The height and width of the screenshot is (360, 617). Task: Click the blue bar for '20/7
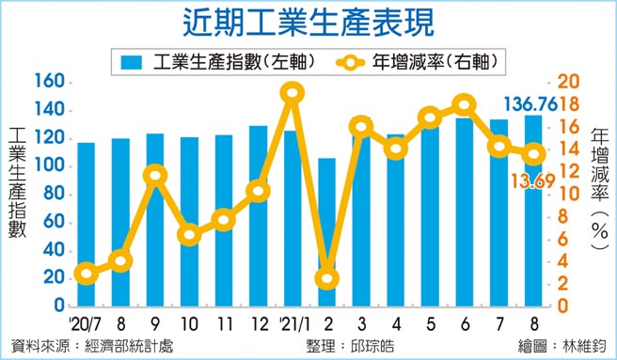coord(86,226)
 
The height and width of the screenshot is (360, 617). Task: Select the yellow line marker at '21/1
coord(292,92)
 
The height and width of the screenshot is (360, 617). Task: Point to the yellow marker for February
coord(326,278)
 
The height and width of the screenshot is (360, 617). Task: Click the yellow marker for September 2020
coord(155,175)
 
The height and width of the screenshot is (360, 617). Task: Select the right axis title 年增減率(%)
coord(600,188)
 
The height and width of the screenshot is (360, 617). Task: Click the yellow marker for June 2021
coord(463,105)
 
